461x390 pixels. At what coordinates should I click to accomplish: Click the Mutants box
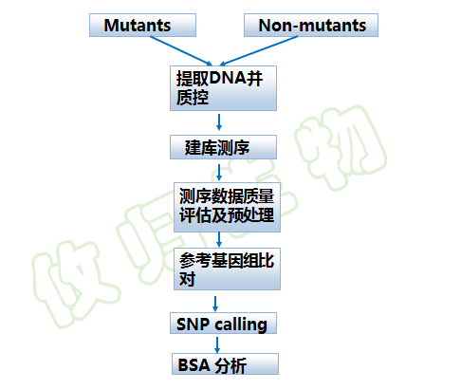(x=142, y=25)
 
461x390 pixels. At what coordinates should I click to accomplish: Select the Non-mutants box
(x=311, y=25)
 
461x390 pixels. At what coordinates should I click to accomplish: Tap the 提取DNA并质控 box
(x=223, y=88)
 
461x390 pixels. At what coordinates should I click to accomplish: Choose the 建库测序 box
(x=223, y=147)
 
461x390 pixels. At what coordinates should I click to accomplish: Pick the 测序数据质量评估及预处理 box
(x=227, y=207)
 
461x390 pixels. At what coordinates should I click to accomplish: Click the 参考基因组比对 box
(x=227, y=269)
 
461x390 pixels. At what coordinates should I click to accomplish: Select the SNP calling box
(x=223, y=324)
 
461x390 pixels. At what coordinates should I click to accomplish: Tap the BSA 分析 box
(x=225, y=364)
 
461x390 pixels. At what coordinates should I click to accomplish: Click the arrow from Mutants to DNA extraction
(x=181, y=51)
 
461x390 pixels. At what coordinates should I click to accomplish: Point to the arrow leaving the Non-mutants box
(x=259, y=51)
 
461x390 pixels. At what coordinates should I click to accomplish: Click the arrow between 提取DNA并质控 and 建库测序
(x=219, y=122)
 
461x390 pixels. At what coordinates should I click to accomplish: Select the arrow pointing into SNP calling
(x=215, y=304)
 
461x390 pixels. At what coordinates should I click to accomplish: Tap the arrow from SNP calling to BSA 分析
(x=217, y=344)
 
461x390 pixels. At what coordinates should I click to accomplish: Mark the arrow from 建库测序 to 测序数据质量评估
(x=219, y=173)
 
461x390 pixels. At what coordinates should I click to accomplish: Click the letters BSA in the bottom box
(x=194, y=365)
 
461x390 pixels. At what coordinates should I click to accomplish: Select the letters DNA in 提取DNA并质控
(x=228, y=78)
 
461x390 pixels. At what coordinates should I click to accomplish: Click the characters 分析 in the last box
(x=230, y=366)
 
